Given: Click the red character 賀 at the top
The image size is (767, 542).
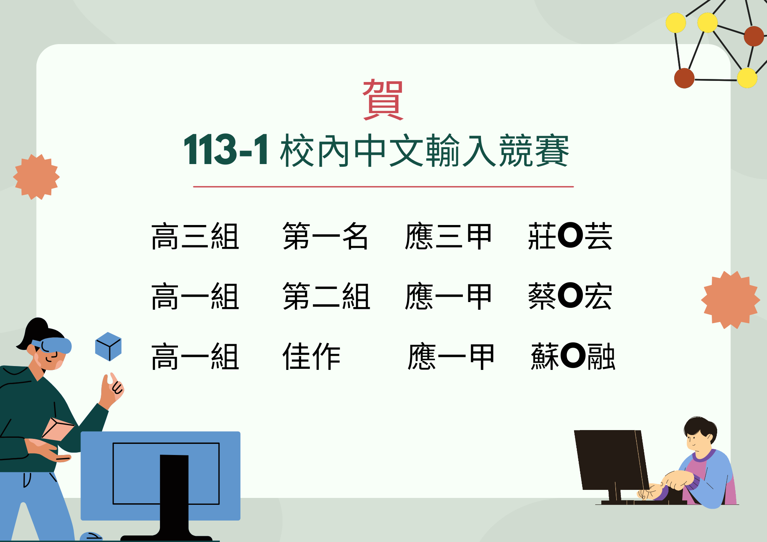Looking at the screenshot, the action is coord(383,100).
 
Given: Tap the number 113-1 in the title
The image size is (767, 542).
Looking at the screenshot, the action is coord(226,150).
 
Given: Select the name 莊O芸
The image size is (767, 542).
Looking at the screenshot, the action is coord(570,236).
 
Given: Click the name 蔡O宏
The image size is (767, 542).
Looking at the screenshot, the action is coord(570,296).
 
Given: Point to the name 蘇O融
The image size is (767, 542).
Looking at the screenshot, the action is coord(573,356).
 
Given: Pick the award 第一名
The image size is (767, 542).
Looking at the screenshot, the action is coord(325,236).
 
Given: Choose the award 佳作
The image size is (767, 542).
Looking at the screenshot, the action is coord(311,356).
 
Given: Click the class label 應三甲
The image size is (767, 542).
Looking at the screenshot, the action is coord(448,236).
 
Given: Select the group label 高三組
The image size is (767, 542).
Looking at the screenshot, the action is coord(195,236).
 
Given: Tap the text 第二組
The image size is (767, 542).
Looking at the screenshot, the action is coord(326,296).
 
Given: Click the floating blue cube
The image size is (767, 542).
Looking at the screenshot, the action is coord(108,347).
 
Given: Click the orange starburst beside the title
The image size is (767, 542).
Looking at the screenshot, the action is coord(36,177).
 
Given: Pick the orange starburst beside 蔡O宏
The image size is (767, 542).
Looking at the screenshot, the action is coord(731,300).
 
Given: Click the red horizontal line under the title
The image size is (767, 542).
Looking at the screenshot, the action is coord(383,187).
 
